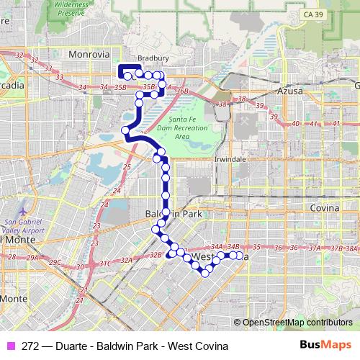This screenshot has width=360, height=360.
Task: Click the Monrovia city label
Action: coord(89,54)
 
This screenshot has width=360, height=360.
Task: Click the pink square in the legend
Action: coord(12,346)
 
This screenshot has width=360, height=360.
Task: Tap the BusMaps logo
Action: coord(325,346)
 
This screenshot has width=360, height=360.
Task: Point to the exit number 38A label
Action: coord(351,249)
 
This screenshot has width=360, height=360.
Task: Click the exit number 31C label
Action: coord(105,263)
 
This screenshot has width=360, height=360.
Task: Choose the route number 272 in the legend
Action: coord(31,346)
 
